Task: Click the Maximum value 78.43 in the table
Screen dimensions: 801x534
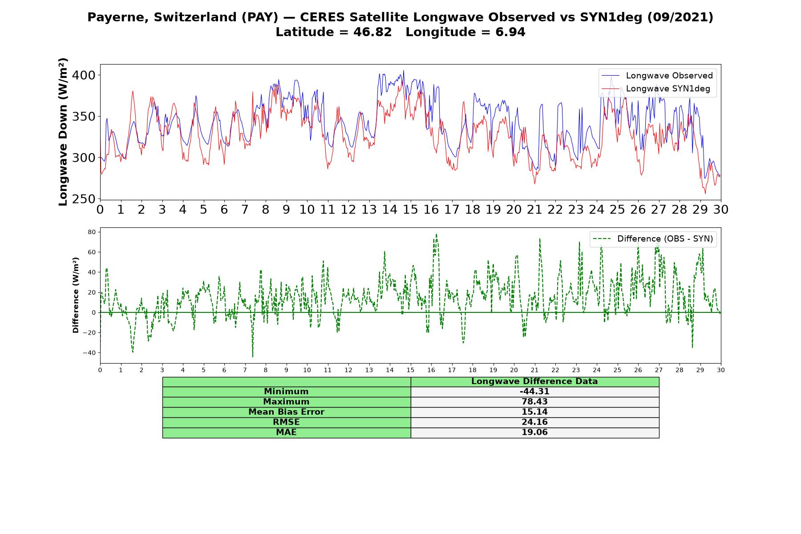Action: point(534,402)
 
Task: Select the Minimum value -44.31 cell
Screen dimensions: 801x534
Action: point(534,392)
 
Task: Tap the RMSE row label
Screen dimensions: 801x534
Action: point(286,422)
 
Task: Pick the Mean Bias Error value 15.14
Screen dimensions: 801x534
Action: point(534,412)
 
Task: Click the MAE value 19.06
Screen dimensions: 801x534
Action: point(534,433)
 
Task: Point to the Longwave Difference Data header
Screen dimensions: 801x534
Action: point(534,381)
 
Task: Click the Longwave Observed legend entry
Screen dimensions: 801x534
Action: point(657,76)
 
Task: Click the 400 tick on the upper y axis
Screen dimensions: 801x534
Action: point(84,75)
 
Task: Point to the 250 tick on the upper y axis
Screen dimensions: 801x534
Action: point(84,199)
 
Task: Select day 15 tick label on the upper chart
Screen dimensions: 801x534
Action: point(410,210)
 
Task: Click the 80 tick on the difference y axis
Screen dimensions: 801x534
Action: point(92,232)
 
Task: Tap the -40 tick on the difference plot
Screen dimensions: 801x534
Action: point(89,353)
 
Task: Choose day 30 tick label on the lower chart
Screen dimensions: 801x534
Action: point(721,370)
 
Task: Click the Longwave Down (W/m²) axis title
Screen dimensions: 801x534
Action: point(63,132)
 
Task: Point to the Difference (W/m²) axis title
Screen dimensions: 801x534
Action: point(76,295)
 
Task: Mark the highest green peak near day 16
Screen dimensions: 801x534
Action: point(437,234)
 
